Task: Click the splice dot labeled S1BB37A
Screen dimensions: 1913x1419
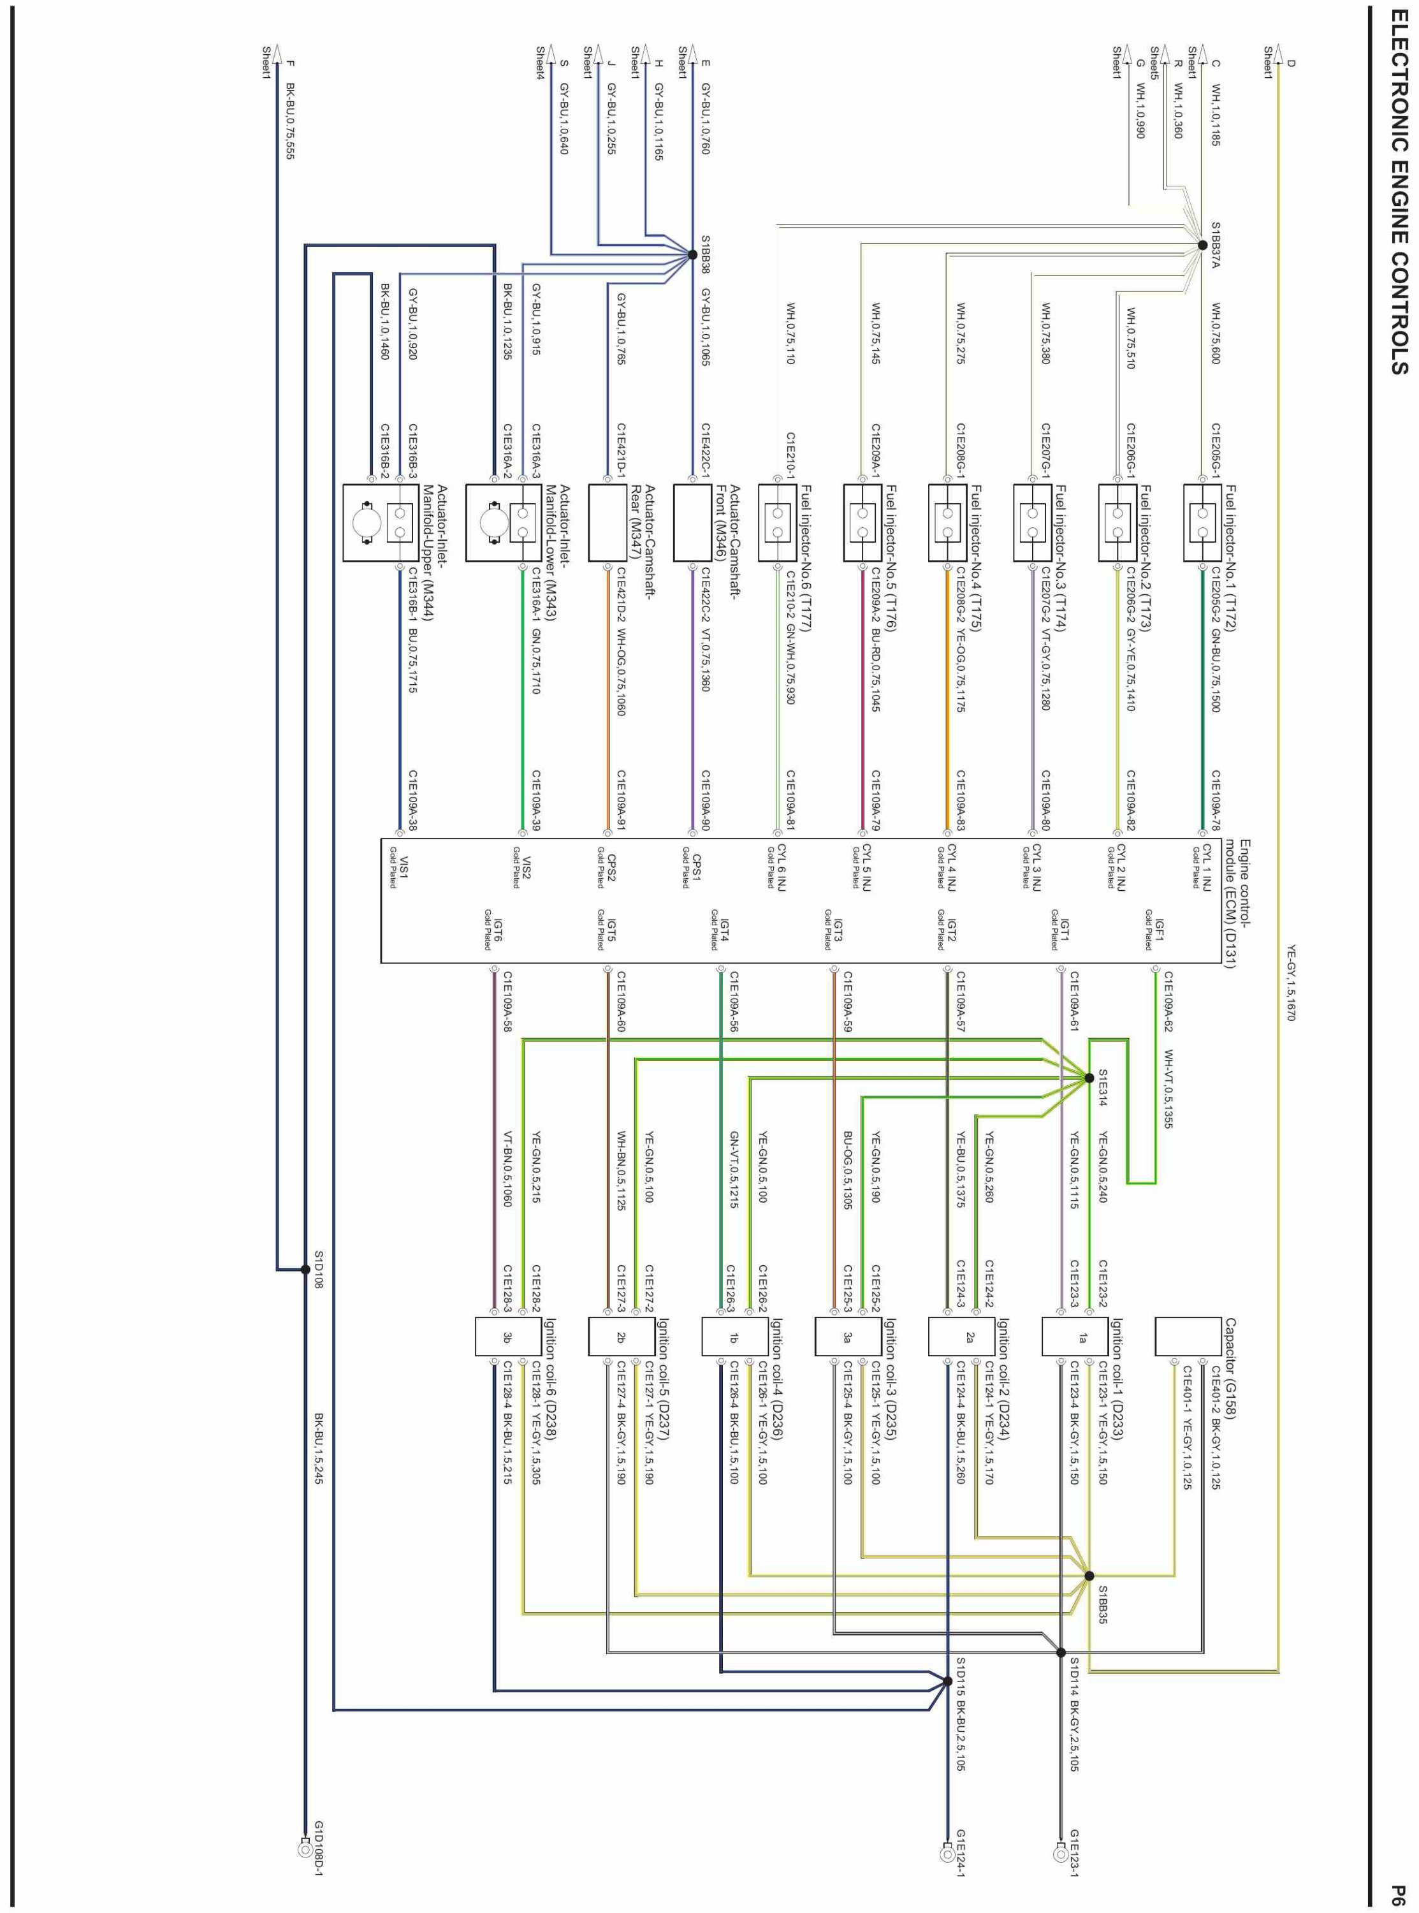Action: [x=1202, y=246]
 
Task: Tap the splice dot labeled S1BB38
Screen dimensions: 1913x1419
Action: [x=692, y=254]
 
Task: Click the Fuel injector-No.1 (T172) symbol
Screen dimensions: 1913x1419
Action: [x=1202, y=522]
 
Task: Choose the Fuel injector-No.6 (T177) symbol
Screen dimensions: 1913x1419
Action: [x=777, y=522]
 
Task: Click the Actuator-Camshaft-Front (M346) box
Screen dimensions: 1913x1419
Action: [x=692, y=522]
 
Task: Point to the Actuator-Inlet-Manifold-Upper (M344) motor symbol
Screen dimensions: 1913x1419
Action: [x=367, y=522]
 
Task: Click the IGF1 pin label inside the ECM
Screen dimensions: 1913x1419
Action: [x=1157, y=928]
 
